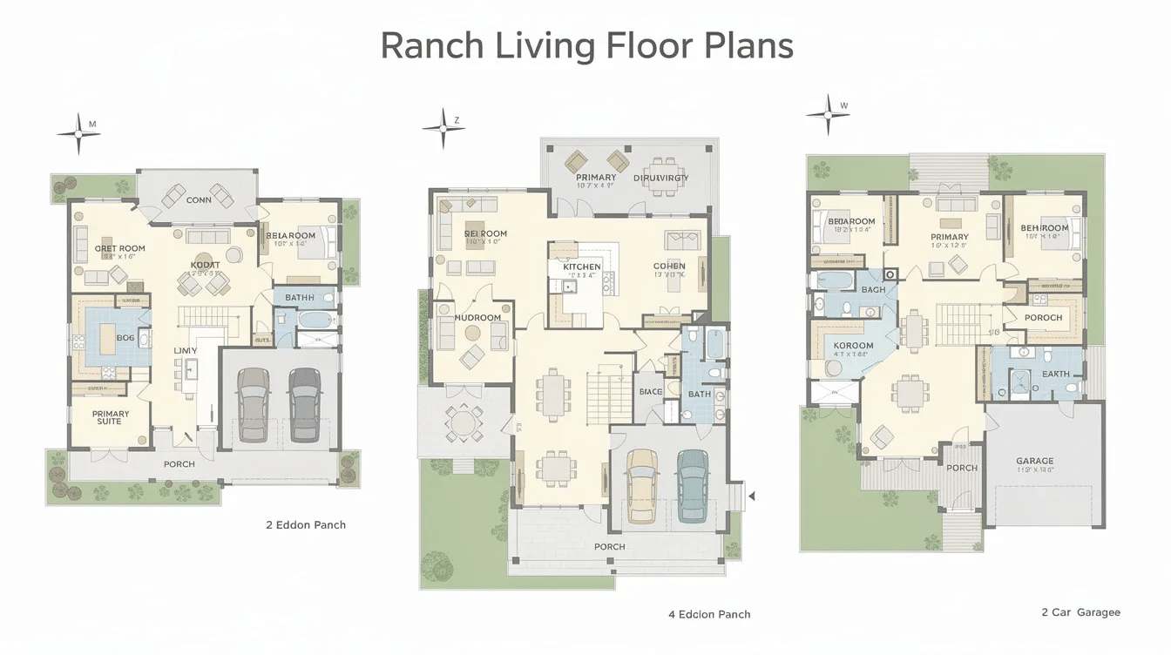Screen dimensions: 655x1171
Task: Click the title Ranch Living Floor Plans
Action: click(586, 45)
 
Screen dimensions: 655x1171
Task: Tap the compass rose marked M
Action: click(78, 133)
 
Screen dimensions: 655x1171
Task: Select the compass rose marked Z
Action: click(443, 129)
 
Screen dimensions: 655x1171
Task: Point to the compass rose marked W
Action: click(827, 113)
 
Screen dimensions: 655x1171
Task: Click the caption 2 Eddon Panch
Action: click(306, 525)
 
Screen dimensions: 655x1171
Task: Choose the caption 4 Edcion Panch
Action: click(709, 614)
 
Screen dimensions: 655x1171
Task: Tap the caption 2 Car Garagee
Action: click(1080, 612)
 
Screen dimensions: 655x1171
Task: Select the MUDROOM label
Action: click(478, 318)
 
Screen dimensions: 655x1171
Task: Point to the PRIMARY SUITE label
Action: click(111, 418)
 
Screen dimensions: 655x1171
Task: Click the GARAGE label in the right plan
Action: click(1034, 461)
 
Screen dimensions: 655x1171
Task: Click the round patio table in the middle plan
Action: click(464, 422)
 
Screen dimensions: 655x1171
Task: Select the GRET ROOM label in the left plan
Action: click(120, 248)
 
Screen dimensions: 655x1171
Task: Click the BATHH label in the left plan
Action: click(300, 298)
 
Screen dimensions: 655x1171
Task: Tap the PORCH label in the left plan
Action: click(179, 464)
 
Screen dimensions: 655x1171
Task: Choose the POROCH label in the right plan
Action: click(1043, 318)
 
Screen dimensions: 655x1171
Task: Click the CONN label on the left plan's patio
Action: click(199, 200)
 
